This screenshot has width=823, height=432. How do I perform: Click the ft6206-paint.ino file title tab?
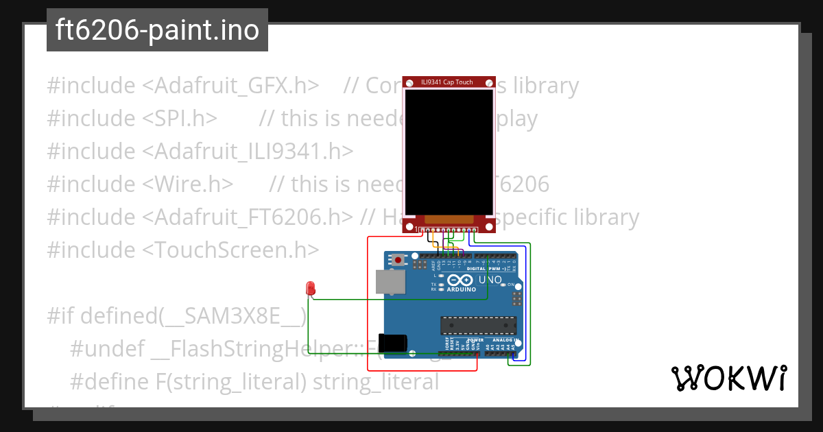[157, 30]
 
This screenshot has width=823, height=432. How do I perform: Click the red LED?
[310, 288]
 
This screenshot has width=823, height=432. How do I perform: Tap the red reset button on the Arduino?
[398, 261]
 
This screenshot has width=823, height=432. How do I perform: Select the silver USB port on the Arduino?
[390, 281]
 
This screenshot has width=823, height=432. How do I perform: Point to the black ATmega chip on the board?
[478, 326]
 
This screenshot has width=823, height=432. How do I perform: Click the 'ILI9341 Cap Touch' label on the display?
[447, 82]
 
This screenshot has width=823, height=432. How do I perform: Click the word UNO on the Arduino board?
[490, 280]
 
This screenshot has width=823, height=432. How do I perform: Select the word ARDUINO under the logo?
[462, 289]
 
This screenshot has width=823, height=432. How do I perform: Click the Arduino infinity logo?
[462, 280]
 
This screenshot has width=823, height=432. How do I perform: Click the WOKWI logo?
[728, 378]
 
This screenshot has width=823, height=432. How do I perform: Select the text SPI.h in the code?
[180, 119]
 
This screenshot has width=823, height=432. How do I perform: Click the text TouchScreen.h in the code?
[230, 250]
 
